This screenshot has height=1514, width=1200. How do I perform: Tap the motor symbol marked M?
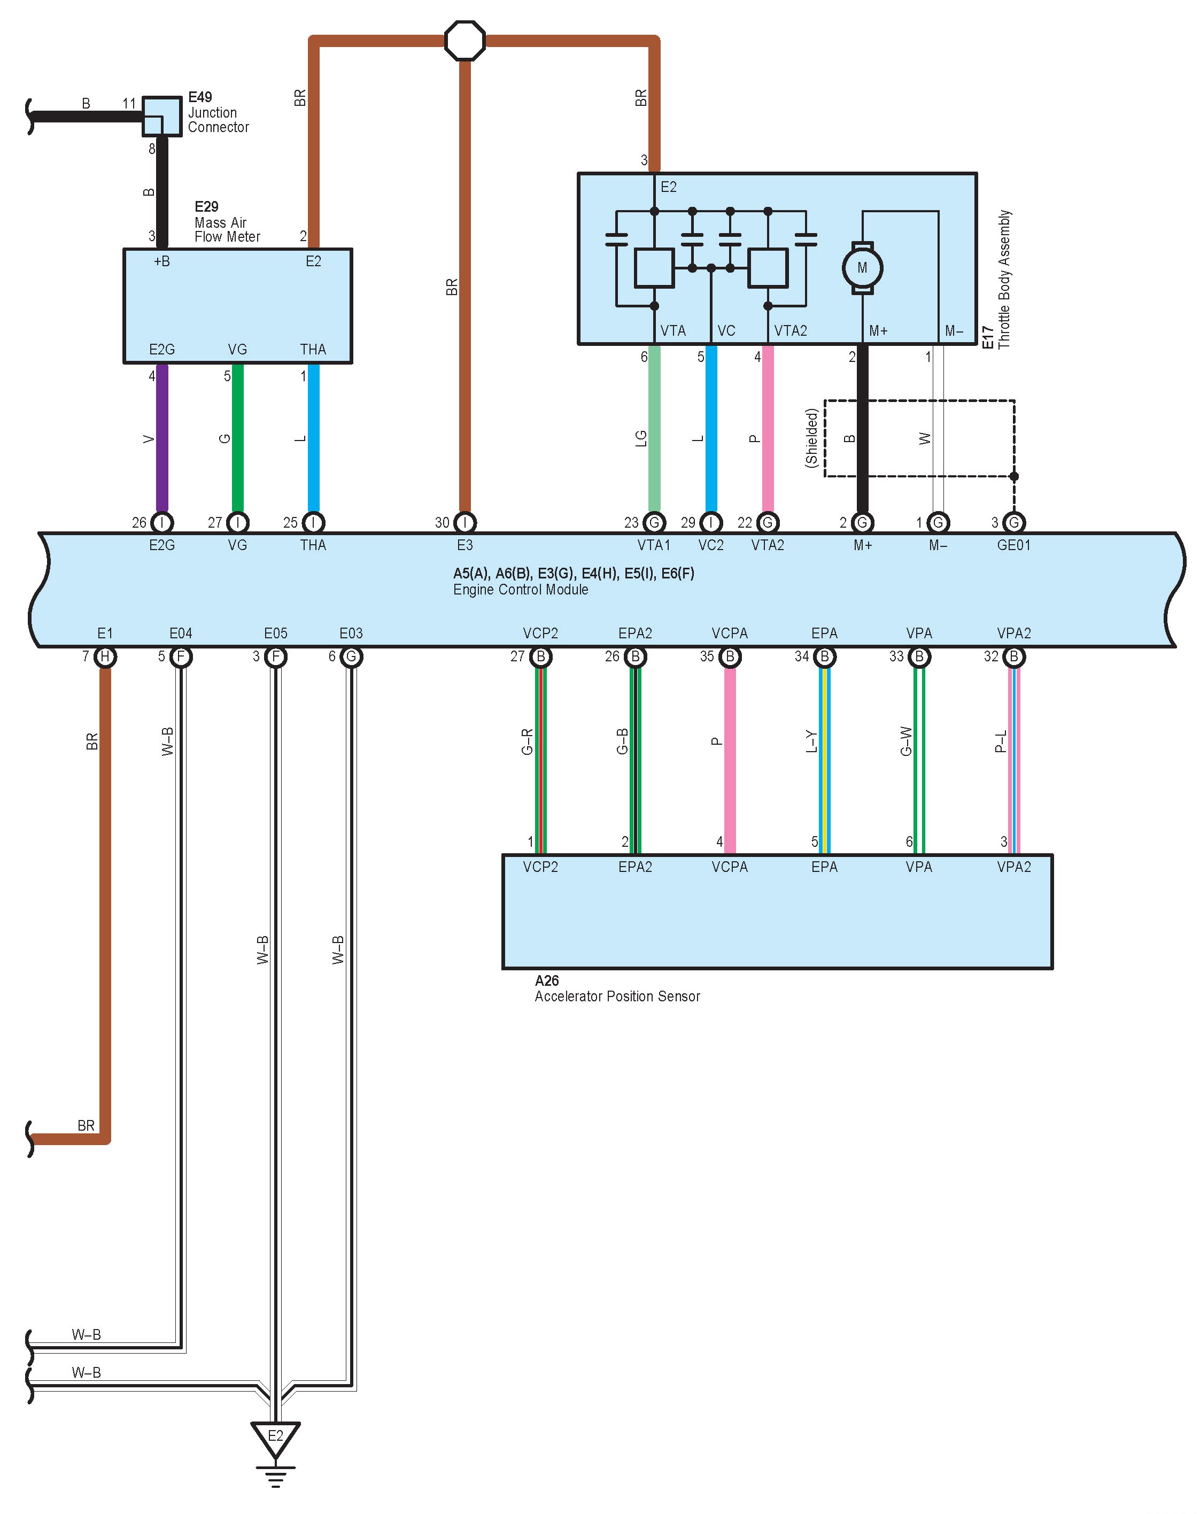click(x=862, y=267)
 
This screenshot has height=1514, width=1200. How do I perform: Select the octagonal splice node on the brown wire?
click(x=465, y=41)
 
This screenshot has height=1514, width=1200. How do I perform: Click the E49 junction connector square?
click(x=161, y=116)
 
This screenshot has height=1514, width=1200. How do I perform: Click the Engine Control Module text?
click(x=520, y=589)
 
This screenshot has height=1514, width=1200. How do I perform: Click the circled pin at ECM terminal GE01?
click(x=1013, y=522)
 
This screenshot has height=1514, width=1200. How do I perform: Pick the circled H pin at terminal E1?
click(x=105, y=656)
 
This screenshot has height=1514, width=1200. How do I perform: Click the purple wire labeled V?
click(x=161, y=439)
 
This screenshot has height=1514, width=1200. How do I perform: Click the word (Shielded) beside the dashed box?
click(x=812, y=438)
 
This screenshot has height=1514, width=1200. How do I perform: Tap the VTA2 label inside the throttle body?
click(x=790, y=331)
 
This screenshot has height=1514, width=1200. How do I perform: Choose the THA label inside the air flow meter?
click(x=313, y=349)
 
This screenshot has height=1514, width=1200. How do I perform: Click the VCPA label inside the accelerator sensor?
click(x=729, y=867)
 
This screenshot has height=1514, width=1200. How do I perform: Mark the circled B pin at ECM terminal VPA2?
click(x=1013, y=656)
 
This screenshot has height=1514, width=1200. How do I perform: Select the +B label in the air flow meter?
click(x=161, y=261)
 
